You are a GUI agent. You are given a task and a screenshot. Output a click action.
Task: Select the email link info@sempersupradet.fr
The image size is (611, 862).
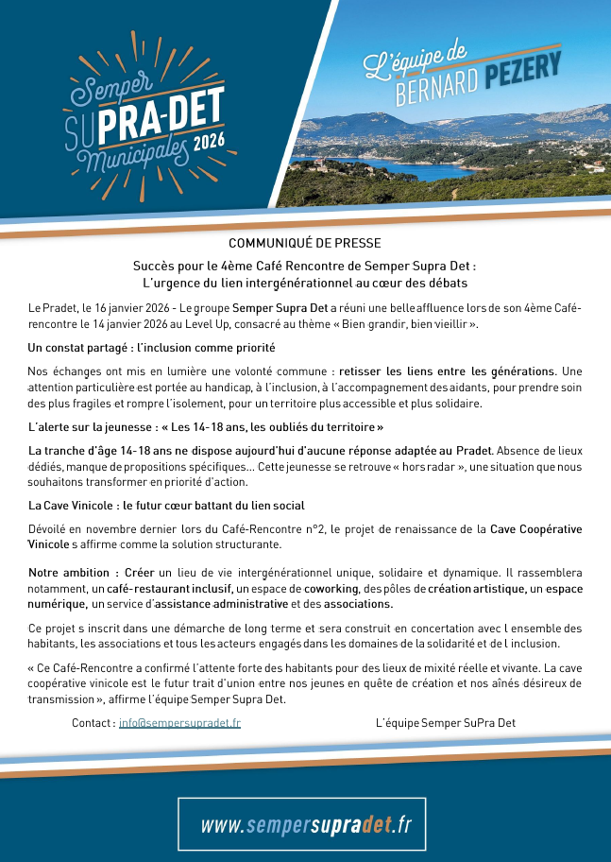click(179, 723)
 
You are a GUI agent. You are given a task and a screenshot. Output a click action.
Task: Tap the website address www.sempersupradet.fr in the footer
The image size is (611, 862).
click(305, 824)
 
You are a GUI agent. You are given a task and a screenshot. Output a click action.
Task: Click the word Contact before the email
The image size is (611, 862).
click(93, 723)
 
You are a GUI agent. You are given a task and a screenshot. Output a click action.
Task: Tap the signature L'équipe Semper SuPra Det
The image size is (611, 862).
click(445, 723)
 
